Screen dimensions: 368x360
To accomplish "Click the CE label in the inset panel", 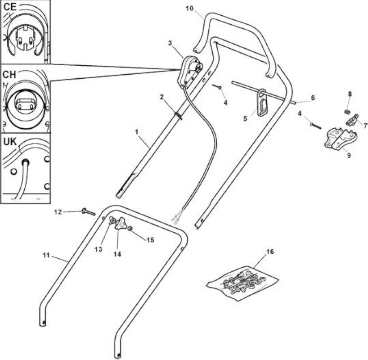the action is click(x=10, y=7).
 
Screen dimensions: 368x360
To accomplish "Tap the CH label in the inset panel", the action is click(x=9, y=75).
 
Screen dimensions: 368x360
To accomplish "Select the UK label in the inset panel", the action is click(x=10, y=142).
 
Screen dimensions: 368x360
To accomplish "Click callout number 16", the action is click(x=270, y=252).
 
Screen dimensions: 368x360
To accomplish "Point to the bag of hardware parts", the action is click(x=242, y=283).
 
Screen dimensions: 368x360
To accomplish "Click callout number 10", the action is click(x=190, y=9).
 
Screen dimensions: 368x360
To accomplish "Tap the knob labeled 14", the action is click(x=121, y=224).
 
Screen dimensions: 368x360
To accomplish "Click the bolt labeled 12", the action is click(x=89, y=211).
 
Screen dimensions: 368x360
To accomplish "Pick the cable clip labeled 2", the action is click(x=179, y=115).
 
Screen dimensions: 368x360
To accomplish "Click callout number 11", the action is click(x=46, y=255).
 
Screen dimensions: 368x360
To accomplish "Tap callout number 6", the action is click(x=313, y=98).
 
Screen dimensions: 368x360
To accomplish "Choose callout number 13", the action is click(x=99, y=249).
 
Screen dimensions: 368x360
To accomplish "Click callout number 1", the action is click(x=137, y=132).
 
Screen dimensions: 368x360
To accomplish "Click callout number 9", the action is click(x=349, y=155).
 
